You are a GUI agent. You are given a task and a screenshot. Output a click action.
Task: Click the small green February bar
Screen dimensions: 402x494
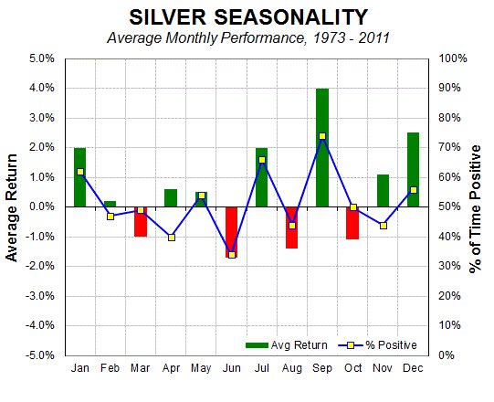(x=110, y=204)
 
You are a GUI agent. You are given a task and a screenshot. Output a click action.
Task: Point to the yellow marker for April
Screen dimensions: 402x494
(x=171, y=238)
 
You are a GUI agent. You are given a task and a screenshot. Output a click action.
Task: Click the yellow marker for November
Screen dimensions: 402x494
(x=384, y=226)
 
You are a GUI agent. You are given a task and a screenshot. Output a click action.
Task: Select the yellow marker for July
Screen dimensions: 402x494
(x=262, y=160)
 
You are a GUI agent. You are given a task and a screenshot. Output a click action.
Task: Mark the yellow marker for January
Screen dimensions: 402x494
(x=80, y=172)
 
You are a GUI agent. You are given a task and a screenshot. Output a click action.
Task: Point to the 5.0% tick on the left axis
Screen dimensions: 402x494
(x=42, y=58)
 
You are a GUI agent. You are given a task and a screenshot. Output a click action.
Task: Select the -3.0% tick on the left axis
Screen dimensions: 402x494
(x=40, y=296)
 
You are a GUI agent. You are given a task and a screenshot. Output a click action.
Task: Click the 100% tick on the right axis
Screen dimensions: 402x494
(x=455, y=58)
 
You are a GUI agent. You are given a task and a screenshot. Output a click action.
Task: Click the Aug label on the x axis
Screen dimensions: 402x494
(x=292, y=366)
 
